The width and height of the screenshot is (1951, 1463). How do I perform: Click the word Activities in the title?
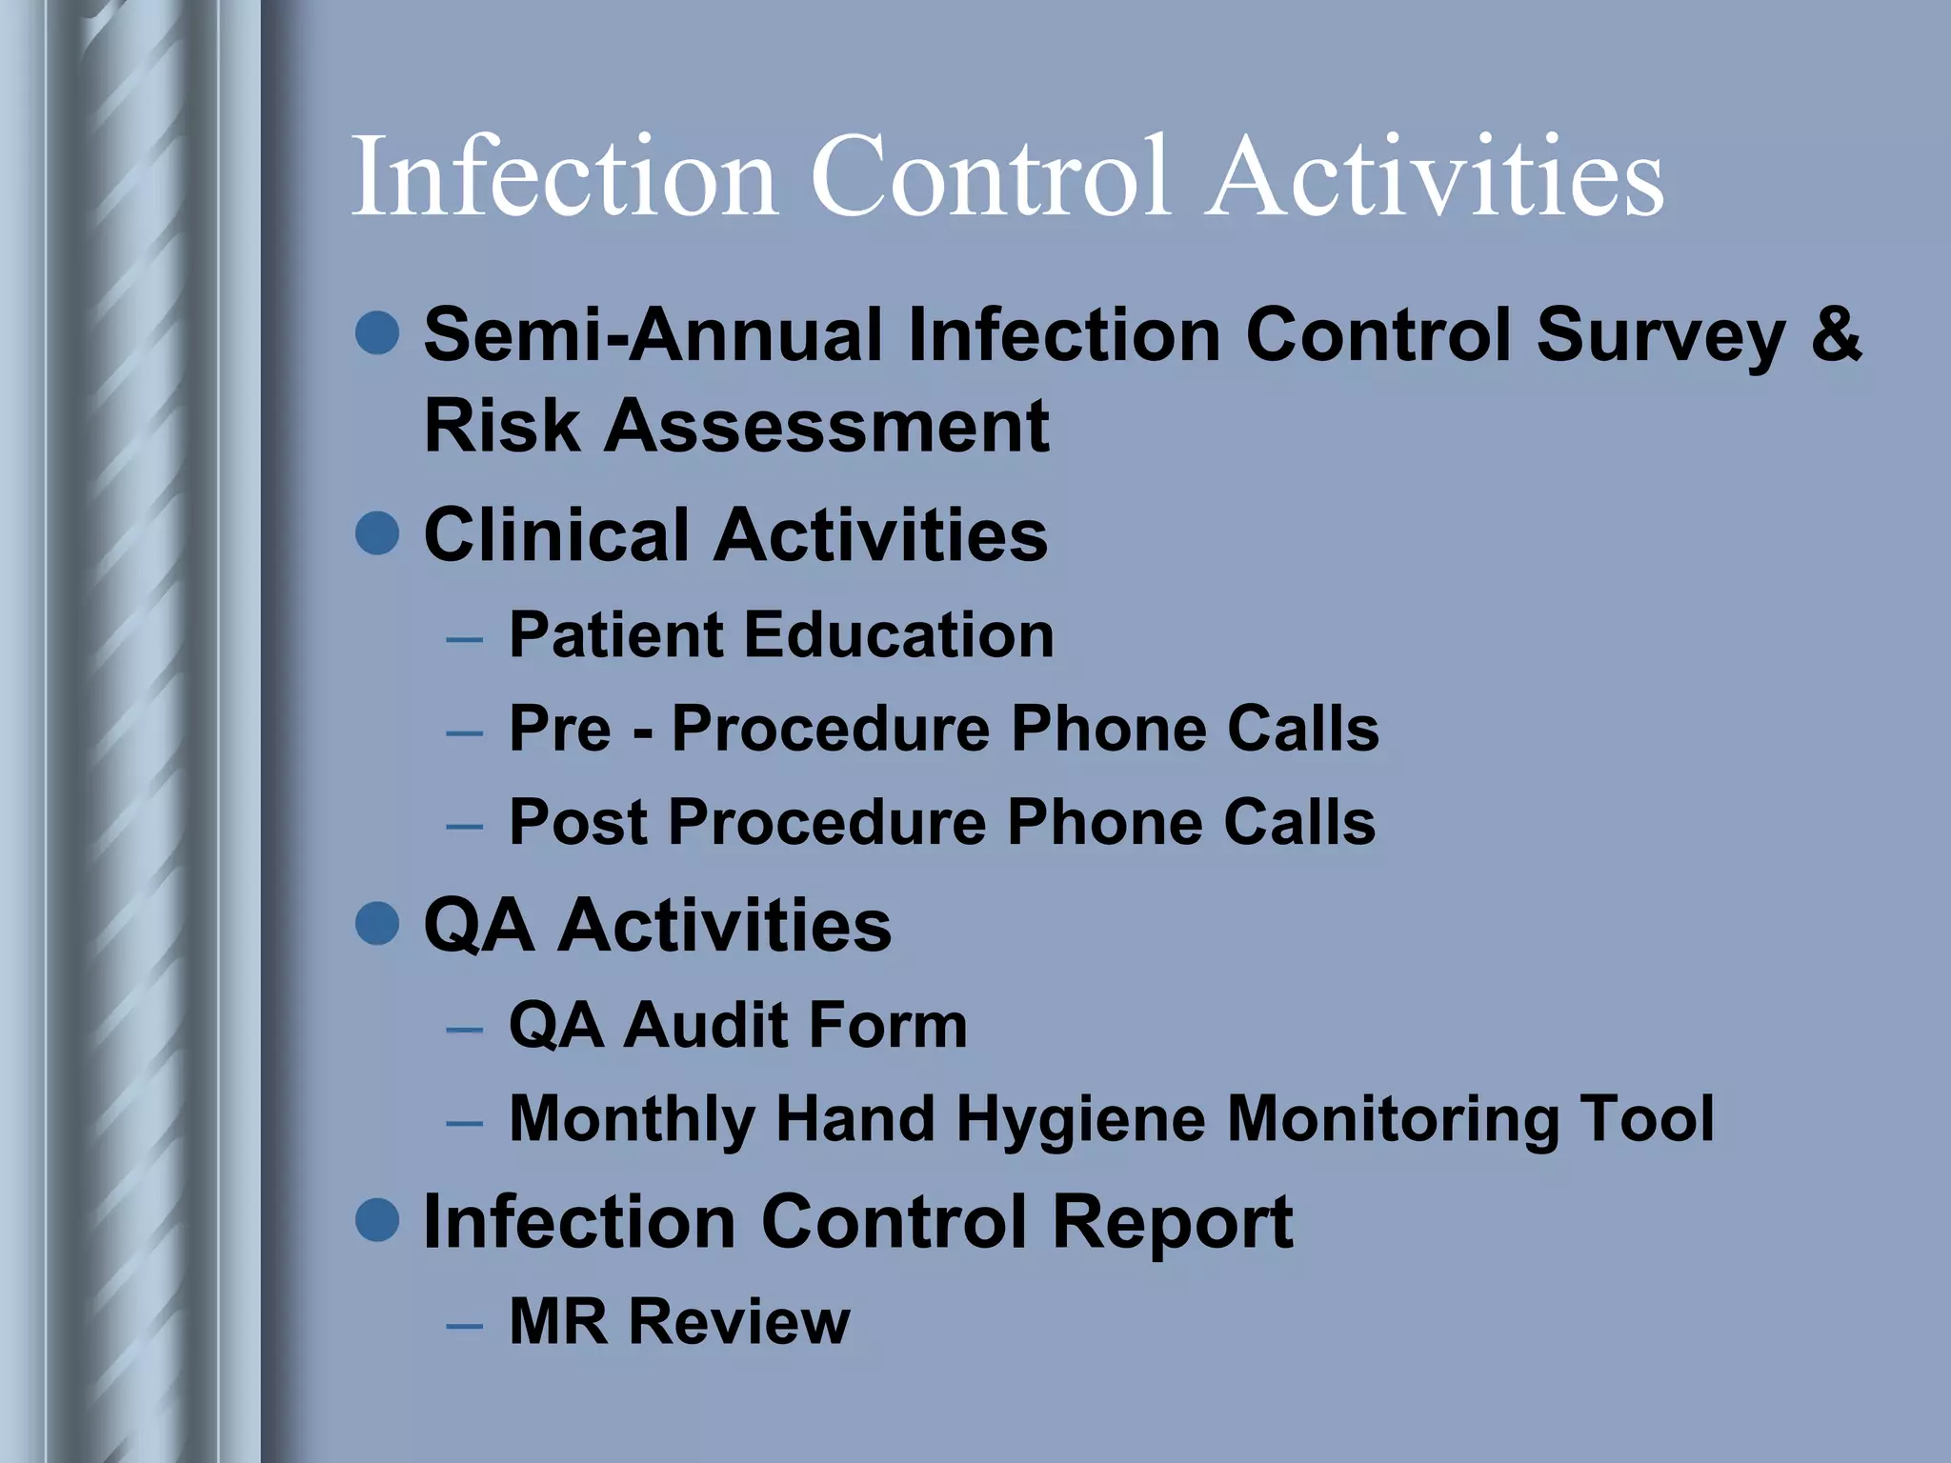point(1437,177)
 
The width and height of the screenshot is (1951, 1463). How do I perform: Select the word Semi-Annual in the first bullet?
point(653,334)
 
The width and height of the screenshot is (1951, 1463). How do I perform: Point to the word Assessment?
point(827,426)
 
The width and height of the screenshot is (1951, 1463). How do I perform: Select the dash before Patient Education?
point(464,638)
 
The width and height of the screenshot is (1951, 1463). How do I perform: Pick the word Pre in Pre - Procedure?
point(559,730)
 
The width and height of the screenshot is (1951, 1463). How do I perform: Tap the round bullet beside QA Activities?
point(377,924)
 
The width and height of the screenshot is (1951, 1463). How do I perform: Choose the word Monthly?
point(632,1120)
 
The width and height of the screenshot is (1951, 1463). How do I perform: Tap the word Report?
point(1172,1222)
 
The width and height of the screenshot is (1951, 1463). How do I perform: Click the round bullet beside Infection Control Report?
point(377,1220)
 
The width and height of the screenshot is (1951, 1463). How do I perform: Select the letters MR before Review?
point(556,1322)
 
